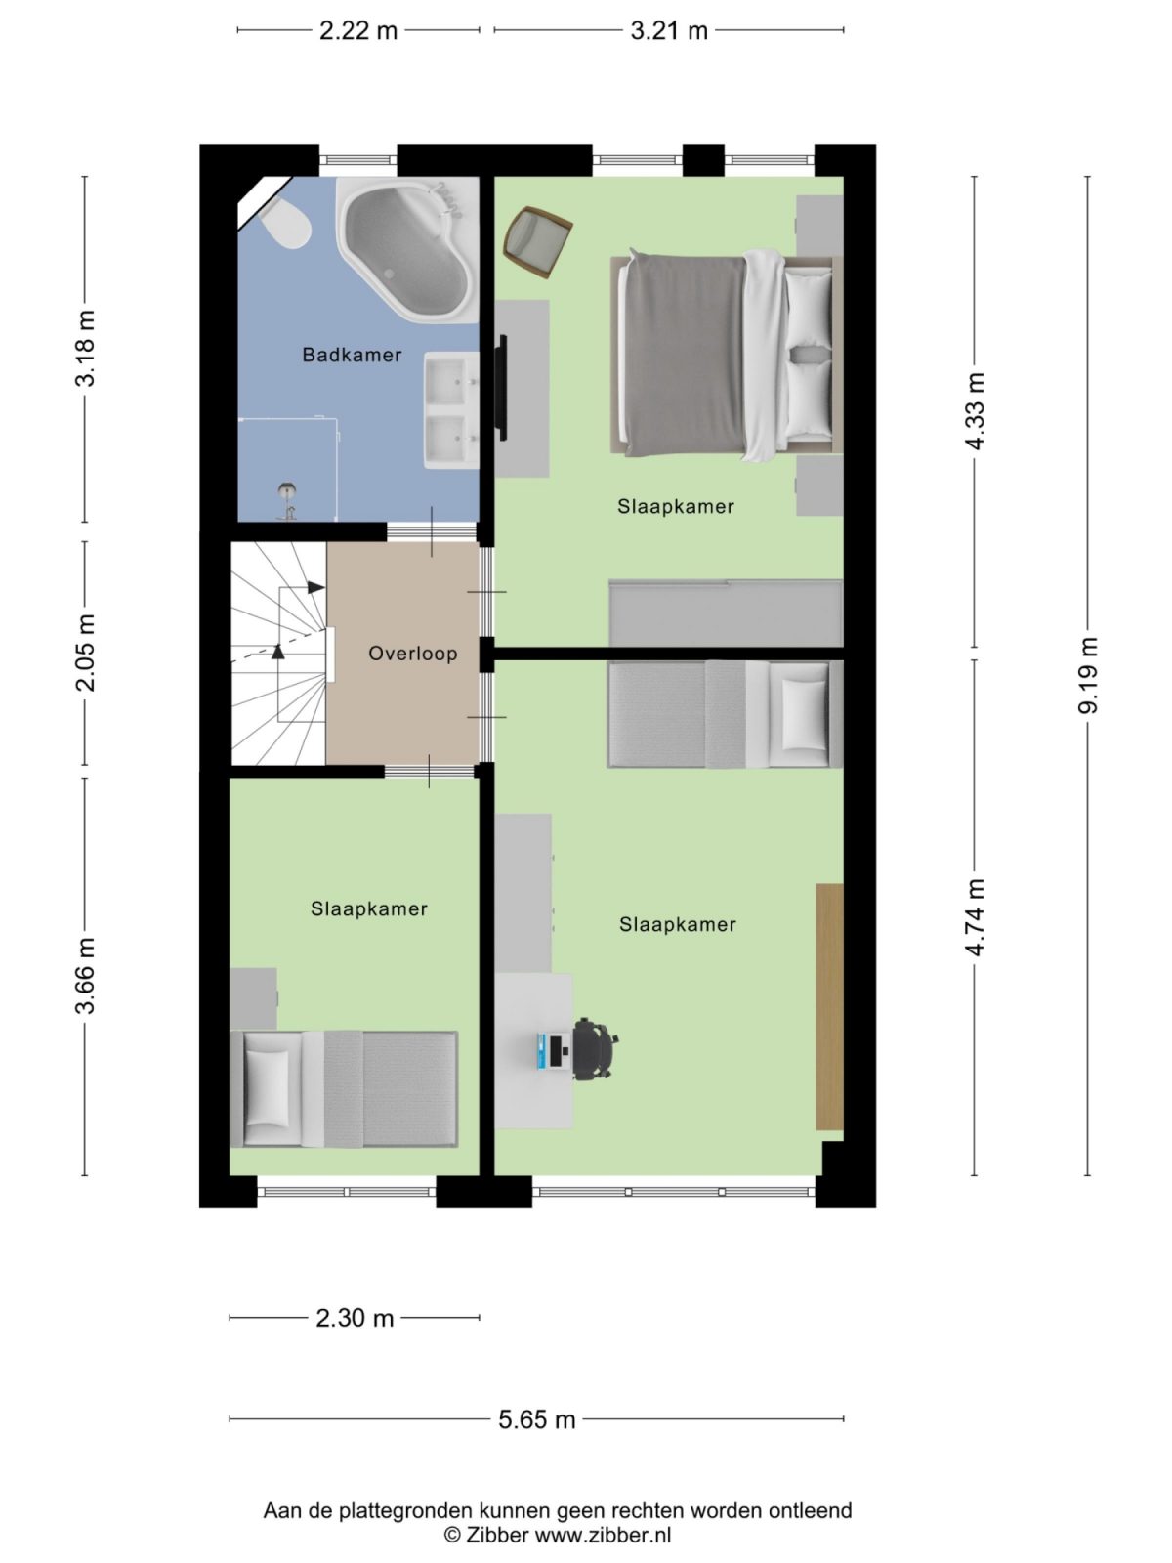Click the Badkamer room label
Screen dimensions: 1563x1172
pos(352,355)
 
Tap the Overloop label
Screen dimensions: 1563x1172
pos(412,654)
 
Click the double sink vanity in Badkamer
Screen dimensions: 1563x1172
pos(450,410)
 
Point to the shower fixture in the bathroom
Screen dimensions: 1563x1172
pos(287,498)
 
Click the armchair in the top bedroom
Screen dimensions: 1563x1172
pos(536,241)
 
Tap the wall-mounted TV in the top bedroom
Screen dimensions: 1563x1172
pos(503,387)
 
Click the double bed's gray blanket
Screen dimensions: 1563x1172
pos(684,355)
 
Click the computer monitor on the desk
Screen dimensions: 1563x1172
pos(544,1051)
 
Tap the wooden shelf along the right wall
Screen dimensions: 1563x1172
pos(829,1006)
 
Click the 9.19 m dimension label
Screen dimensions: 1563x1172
pos(1088,675)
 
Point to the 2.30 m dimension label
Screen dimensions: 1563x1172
pos(355,1318)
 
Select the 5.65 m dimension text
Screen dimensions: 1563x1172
pos(536,1419)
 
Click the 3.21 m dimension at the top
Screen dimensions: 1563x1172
pos(668,30)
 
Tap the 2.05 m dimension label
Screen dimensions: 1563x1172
pos(86,653)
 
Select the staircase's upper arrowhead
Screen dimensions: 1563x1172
pos(315,587)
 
